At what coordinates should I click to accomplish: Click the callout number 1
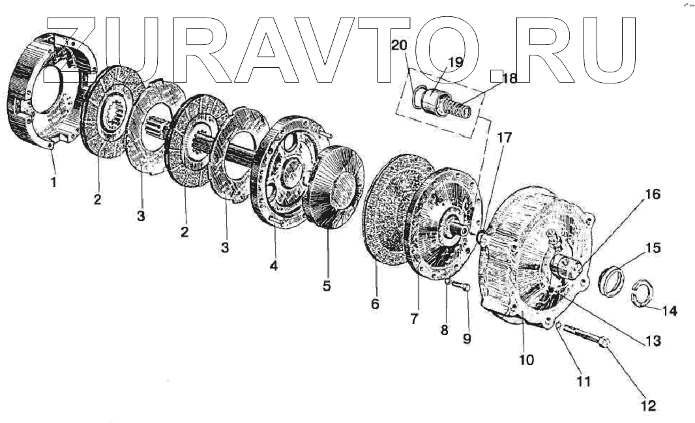click(54, 182)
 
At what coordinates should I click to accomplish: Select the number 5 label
click(326, 285)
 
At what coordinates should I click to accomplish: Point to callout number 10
click(526, 359)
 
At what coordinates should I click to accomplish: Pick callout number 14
click(670, 312)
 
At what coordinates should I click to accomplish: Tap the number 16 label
click(652, 194)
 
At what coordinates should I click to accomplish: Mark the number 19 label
click(455, 63)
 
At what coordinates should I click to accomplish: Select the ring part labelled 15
click(613, 280)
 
